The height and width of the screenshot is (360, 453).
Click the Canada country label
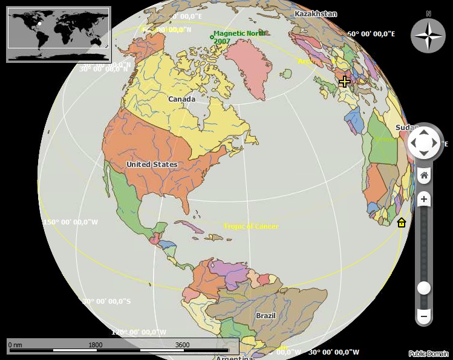point(181,99)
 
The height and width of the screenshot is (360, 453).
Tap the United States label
point(152,165)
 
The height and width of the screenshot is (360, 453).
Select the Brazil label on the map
point(266,316)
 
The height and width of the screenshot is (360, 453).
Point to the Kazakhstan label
point(315,13)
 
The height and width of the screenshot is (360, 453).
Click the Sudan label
point(406,128)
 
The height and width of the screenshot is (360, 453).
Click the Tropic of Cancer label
point(251,226)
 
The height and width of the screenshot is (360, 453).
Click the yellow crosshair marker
point(344,81)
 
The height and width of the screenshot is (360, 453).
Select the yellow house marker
point(401,223)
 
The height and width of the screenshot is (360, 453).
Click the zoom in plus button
point(424,199)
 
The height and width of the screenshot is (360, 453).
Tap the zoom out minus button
point(424,316)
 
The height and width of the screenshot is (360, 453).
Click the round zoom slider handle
point(424,288)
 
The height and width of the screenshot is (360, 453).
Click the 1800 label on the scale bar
point(96,345)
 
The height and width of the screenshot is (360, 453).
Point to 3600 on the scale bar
point(182,345)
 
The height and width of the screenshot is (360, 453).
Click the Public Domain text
point(429,354)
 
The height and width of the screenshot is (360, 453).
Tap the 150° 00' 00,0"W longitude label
point(70,222)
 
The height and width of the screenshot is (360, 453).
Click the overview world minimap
point(59,34)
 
